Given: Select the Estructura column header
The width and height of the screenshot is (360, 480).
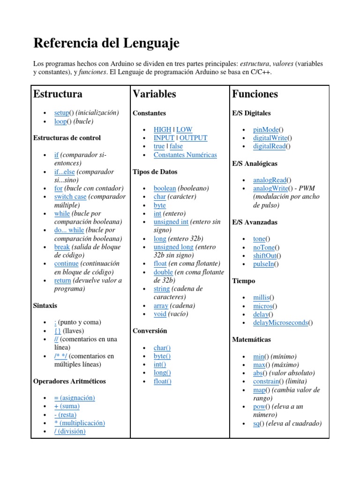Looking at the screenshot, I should coord(58,94).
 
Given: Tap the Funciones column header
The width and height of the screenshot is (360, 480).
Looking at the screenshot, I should coord(255,94).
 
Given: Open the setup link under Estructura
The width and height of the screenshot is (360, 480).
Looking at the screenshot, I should coord(61,113).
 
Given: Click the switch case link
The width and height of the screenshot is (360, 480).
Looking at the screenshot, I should coord(70,197).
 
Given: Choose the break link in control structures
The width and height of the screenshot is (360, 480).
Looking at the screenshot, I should coord(62,247).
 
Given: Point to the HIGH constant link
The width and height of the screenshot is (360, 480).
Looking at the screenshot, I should coord(162,129).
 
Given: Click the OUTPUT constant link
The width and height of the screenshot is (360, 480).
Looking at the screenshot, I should coord(193,138).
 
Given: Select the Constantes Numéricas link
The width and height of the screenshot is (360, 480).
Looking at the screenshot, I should coord(185,155).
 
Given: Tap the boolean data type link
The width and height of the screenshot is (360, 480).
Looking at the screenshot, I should coord(165,188).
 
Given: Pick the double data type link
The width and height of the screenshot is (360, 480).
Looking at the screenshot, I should coord(163,272).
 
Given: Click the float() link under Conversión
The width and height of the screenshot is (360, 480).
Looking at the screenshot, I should coord(162,382).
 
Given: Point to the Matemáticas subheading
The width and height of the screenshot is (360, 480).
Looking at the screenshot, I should coord(251,339).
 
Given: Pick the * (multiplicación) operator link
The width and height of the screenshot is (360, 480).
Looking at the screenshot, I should coord(80,423).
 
